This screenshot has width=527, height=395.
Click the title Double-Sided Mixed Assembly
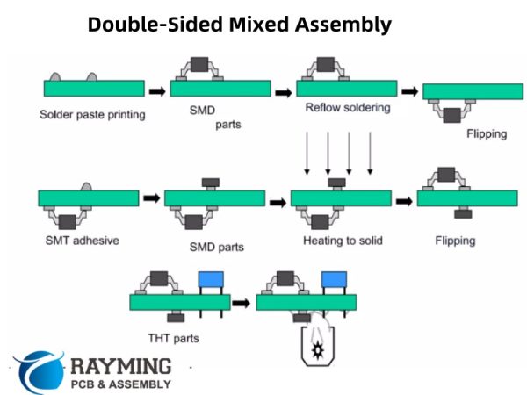[x=239, y=25]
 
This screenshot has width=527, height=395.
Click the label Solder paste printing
[x=92, y=114]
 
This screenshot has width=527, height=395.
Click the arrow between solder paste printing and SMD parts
[x=156, y=90]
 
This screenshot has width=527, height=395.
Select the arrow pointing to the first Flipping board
[x=409, y=90]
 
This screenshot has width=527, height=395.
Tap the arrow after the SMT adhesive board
[x=151, y=199]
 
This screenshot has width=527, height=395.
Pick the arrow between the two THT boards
[x=241, y=303]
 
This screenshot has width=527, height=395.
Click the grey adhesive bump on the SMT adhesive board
[x=87, y=187]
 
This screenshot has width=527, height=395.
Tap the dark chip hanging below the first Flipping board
[x=454, y=115]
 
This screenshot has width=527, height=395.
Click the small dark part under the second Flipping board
[x=463, y=213]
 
